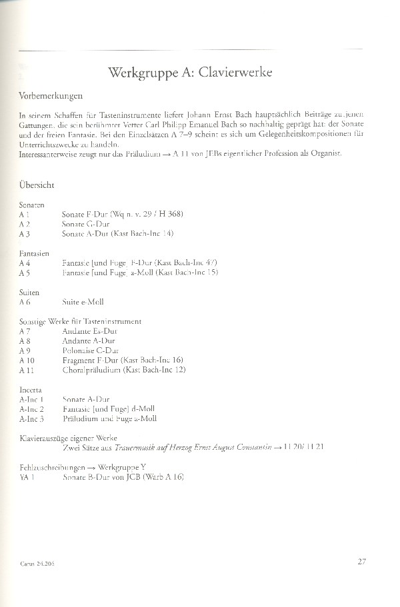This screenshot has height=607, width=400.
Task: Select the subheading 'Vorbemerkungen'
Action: (50, 96)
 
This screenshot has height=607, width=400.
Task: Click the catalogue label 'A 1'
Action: (25, 215)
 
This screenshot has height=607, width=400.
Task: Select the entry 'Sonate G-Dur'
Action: (85, 225)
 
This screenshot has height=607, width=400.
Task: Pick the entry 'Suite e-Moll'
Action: (83, 302)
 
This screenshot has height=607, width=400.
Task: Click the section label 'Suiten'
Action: (30, 292)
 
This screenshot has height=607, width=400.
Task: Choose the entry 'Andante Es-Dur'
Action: (89, 331)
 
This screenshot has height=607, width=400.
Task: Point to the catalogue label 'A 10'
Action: (27, 360)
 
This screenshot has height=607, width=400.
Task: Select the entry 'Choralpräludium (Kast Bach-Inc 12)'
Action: (124, 370)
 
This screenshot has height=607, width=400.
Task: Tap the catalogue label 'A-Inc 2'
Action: (32, 408)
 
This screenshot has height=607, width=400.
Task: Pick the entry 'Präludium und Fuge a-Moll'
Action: (109, 418)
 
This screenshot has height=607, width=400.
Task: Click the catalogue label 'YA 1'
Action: (27, 478)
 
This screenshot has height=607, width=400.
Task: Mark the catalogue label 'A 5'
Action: (25, 273)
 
